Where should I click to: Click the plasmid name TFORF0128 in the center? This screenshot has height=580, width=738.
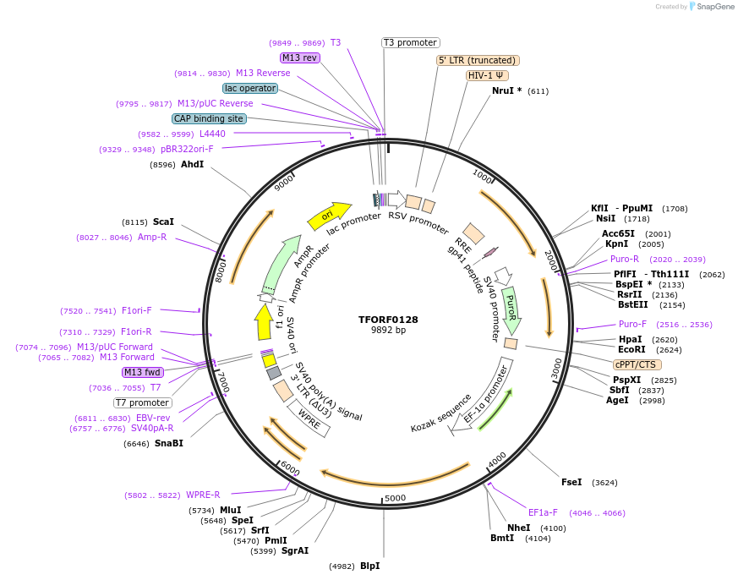388,320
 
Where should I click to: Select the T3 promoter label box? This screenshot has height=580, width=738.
411,42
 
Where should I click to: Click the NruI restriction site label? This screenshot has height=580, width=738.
507,90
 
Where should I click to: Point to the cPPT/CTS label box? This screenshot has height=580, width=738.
636,364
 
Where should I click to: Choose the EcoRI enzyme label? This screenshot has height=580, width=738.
631,349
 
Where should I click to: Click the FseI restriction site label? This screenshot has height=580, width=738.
572,482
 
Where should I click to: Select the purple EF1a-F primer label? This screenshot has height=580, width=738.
543,512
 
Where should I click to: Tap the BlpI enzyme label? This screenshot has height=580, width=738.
370,566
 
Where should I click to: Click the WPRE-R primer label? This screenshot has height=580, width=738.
203,495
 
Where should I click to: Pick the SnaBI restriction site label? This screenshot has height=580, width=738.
168,443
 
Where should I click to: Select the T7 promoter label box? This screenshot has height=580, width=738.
143,402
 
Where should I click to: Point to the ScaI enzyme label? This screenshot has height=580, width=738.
163,222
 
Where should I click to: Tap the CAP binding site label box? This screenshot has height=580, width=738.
209,119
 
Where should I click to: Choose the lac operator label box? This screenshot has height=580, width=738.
250,88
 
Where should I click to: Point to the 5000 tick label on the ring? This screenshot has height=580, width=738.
395,498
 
